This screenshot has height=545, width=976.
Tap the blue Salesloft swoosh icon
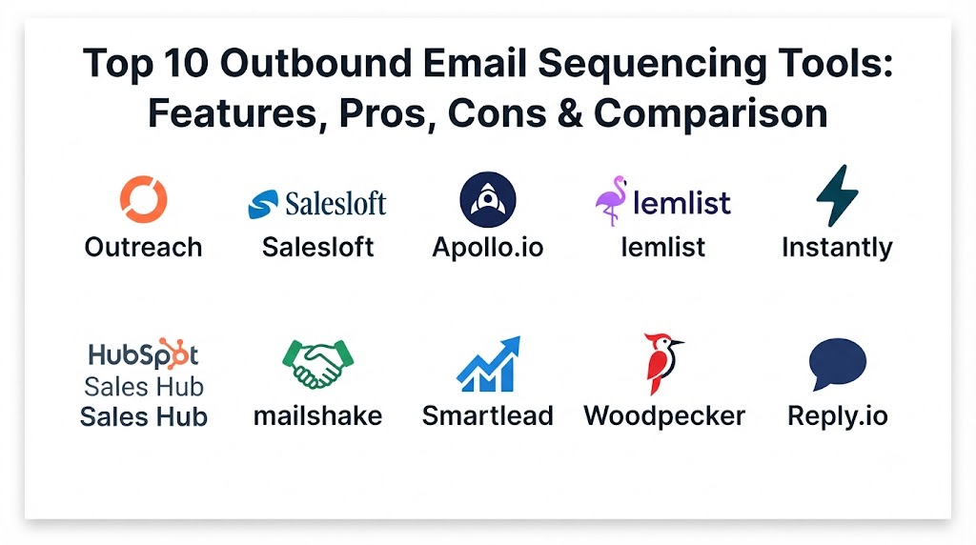[263, 204]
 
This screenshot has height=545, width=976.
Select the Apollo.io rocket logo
[488, 200]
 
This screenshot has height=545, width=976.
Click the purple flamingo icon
[611, 200]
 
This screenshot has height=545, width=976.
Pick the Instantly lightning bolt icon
[837, 195]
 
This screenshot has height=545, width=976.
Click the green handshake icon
[318, 364]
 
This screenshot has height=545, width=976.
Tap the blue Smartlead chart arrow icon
[489, 365]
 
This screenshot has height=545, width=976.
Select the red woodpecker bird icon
[662, 364]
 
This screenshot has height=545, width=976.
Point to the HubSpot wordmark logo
[144, 354]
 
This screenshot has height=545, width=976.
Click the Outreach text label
[144, 248]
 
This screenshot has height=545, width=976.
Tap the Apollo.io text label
[488, 248]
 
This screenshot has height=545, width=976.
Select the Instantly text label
[837, 248]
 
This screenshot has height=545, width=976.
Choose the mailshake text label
[318, 415]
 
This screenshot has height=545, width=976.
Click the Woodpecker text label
[664, 416]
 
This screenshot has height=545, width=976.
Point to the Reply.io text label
[838, 416]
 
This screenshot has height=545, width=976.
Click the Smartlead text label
[488, 415]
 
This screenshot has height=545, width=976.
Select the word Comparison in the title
[711, 113]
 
